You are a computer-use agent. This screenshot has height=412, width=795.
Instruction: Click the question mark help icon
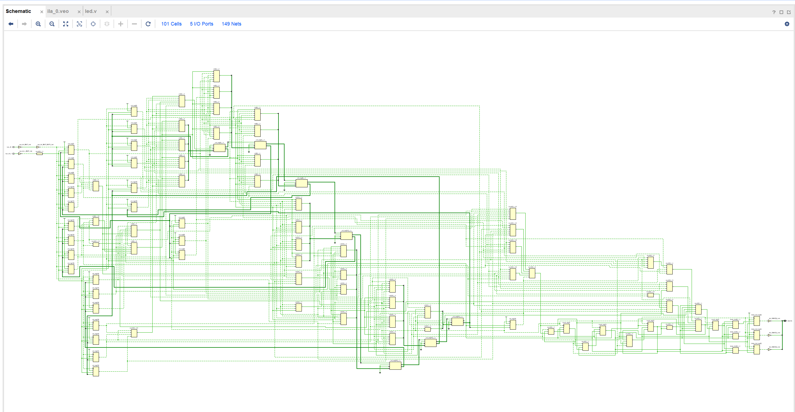(x=774, y=12)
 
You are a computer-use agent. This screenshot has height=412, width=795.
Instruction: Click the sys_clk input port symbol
(x=13, y=147)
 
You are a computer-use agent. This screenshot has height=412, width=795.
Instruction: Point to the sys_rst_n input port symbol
(x=13, y=154)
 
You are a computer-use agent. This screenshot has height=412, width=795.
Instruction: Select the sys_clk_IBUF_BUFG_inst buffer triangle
(x=38, y=147)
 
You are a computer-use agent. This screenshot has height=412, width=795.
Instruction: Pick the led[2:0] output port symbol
(x=785, y=321)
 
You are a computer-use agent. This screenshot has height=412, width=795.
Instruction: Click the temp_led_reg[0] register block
(x=757, y=321)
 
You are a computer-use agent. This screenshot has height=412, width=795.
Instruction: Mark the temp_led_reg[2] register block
(x=757, y=349)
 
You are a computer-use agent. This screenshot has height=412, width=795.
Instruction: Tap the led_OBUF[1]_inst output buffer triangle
(x=769, y=335)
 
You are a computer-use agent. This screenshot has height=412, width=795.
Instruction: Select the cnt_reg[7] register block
(x=71, y=150)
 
